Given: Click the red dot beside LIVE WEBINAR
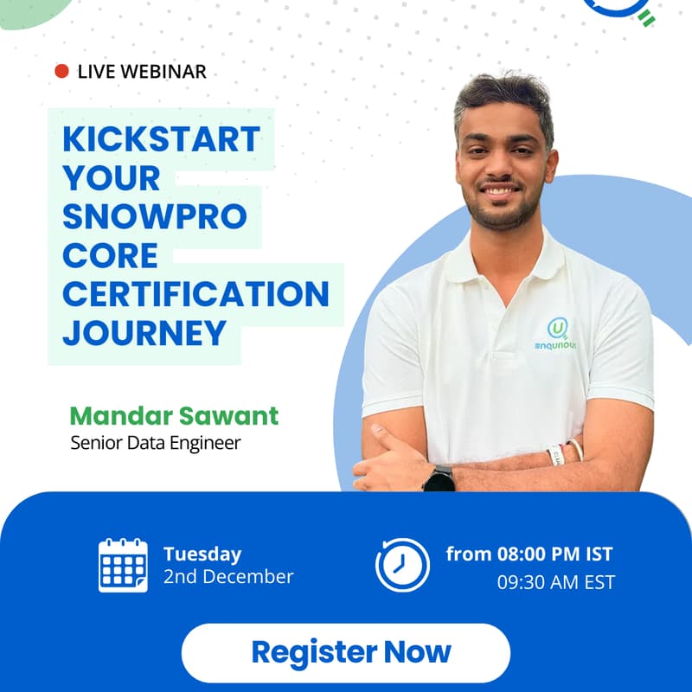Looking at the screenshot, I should pos(61,72).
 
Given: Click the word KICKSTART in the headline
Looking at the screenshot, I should pos(161,139).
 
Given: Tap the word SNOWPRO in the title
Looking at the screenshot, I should pos(155,216).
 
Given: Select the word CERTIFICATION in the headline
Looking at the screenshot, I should pos(195,294).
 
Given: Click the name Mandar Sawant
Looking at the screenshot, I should pos(174,416).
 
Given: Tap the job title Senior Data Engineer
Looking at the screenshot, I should pos(155,444).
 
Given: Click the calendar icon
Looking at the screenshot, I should pos(123,565).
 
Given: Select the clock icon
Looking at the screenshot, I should pos(402,565).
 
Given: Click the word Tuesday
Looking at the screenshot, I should pos(202,554).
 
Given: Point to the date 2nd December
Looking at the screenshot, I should pos(228,577).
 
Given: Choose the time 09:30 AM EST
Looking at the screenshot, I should pos(555,582).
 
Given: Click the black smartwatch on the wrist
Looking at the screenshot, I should pos(439,478).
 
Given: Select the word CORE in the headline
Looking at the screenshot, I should pos(110,255).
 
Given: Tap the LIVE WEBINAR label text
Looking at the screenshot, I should pos(142,72).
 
